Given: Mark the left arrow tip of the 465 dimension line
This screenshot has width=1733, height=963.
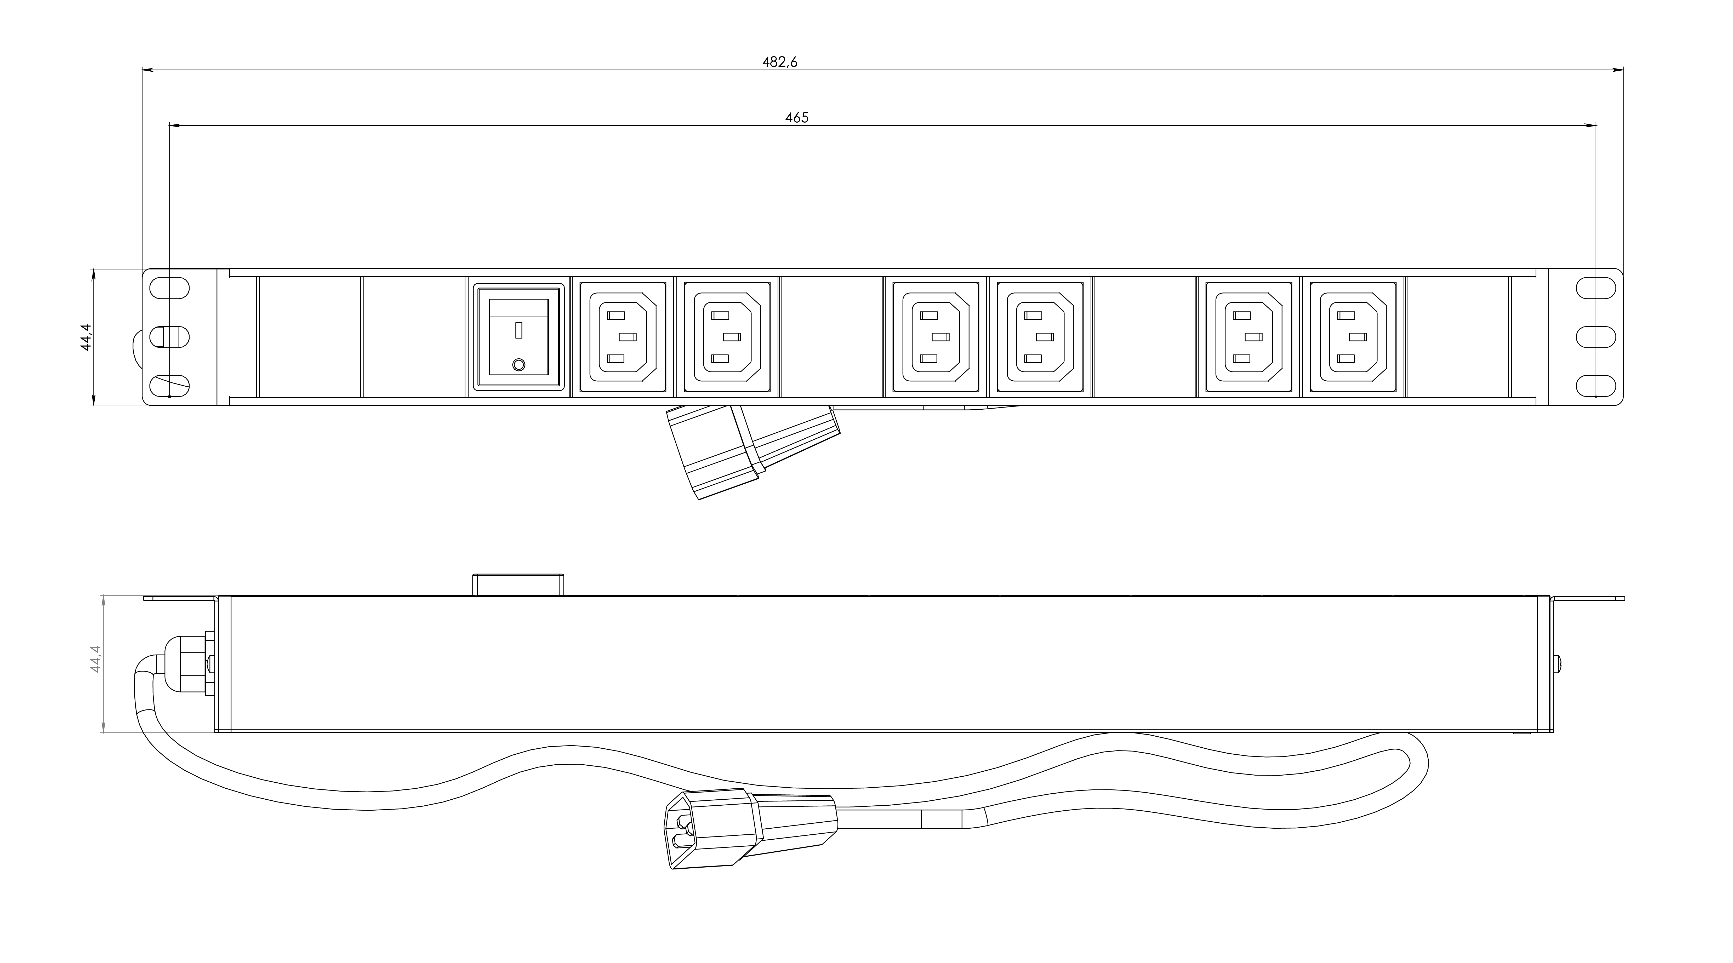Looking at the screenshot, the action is pos(169,125).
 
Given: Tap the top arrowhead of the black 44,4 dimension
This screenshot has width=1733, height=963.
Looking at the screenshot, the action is pos(93,270).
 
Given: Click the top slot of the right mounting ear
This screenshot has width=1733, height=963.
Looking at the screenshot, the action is pos(1596,287).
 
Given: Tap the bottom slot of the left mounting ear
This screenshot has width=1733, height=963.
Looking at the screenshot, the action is pos(169,386).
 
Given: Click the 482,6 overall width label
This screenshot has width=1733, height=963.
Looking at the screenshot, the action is pos(780,62).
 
